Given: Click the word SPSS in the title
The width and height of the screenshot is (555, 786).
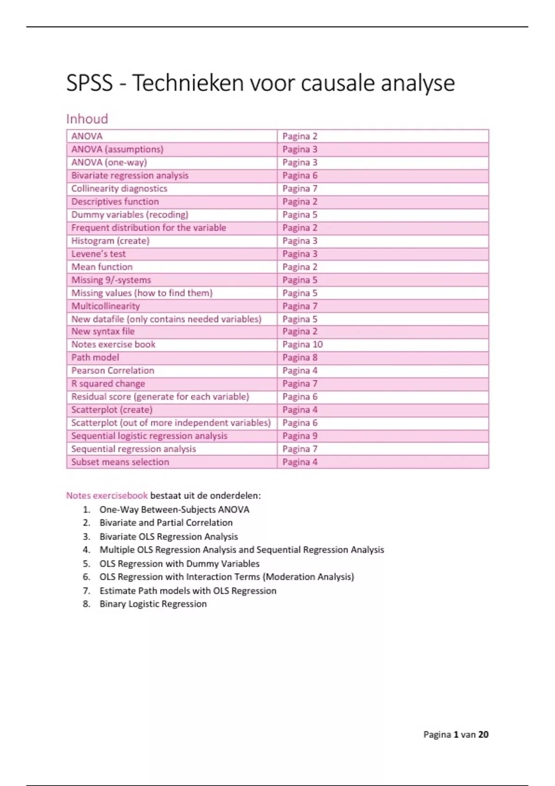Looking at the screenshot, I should click(x=90, y=84).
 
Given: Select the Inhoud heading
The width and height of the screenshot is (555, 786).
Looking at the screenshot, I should click(x=87, y=119).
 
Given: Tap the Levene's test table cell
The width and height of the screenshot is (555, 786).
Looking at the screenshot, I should click(x=99, y=254).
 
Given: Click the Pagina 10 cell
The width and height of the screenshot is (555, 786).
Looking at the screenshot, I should click(x=302, y=344).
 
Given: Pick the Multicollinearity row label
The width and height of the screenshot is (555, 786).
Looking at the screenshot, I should click(x=105, y=306).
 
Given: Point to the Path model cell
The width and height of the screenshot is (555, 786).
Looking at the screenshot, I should click(x=95, y=357).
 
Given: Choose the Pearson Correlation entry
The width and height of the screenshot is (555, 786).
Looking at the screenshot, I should click(x=113, y=370).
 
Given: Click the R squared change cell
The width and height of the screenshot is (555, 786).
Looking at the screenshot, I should click(x=108, y=384).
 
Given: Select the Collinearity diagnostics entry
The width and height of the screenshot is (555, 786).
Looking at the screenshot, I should click(x=119, y=189).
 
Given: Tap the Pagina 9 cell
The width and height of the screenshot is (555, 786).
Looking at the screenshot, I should click(x=300, y=436).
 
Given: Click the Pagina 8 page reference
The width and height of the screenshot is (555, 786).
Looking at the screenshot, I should click(x=300, y=357).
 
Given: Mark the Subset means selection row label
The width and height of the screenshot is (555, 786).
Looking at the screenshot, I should click(x=120, y=462).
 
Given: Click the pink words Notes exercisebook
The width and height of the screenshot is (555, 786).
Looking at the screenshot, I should click(x=107, y=496).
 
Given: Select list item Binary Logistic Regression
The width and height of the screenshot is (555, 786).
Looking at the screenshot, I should click(x=153, y=604).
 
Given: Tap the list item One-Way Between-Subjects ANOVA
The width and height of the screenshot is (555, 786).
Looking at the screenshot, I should click(x=174, y=510).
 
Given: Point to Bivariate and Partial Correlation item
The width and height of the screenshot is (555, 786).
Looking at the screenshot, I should click(x=166, y=522).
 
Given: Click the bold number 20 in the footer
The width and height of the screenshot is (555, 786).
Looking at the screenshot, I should click(x=483, y=735).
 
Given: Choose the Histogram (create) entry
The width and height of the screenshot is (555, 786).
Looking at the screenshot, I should click(x=111, y=241).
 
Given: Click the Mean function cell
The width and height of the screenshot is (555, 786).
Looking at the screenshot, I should click(x=102, y=267).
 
